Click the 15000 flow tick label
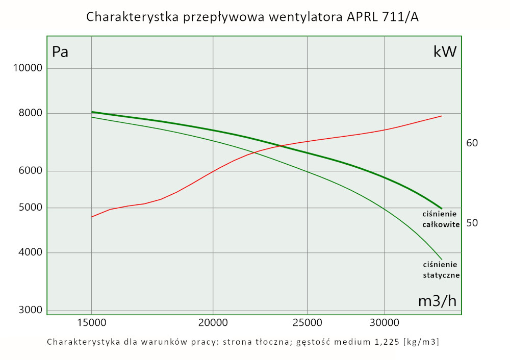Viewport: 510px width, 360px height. click(91, 323)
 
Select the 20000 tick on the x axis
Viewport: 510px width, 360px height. click(213, 323)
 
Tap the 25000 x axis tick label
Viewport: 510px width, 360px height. click(307, 323)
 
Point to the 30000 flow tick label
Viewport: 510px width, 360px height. click(384, 323)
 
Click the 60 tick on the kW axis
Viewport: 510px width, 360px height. click(472, 143)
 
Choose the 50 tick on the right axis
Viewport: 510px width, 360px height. click(472, 223)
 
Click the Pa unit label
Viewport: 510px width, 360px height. click(60, 52)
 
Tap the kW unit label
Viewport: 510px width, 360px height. click(445, 52)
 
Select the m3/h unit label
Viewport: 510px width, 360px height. click(437, 301)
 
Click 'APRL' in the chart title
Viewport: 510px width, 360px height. click(364, 17)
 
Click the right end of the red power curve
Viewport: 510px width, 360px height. click(441, 116)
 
